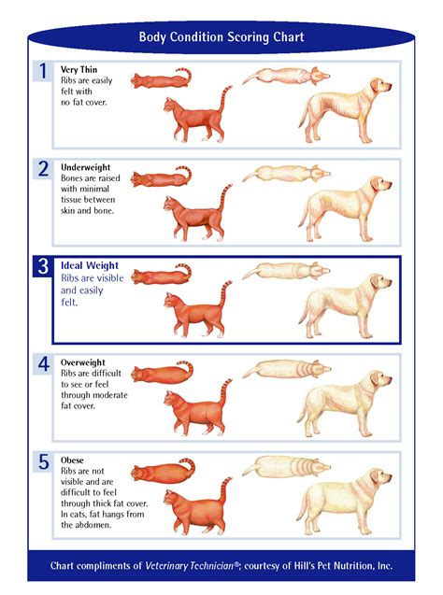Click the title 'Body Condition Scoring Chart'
pos(221,38)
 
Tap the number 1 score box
pos(43,71)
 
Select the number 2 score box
pos(43,168)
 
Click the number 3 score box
pos(43,266)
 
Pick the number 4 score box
pos(43,363)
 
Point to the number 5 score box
pos(43,461)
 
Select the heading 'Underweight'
pos(86,167)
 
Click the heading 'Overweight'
pos(83,362)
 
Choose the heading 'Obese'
pos(73,460)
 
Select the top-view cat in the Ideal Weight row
pos(161,276)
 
